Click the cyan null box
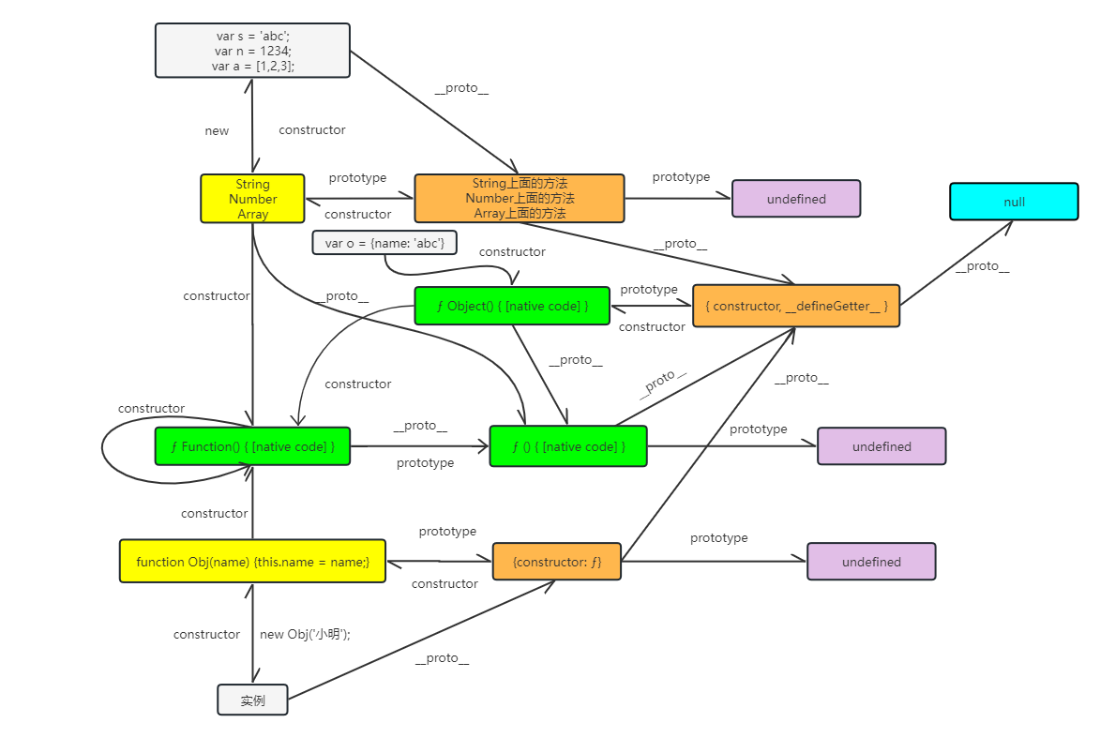(1014, 202)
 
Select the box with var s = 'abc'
(252, 51)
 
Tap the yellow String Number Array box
(252, 199)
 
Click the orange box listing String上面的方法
(520, 199)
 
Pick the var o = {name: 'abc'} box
(384, 244)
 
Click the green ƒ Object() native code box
(512, 307)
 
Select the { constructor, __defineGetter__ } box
(796, 307)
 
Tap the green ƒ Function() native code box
(252, 446)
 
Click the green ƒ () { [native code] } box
(568, 446)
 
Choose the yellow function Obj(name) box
(252, 562)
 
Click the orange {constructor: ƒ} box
(557, 563)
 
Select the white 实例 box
(252, 700)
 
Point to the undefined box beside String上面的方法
(796, 199)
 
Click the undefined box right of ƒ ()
(882, 446)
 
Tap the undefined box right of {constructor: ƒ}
(871, 562)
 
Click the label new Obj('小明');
(305, 635)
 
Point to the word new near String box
(217, 131)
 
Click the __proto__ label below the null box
(981, 266)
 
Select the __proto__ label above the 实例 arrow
(441, 658)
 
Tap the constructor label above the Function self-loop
(151, 409)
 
